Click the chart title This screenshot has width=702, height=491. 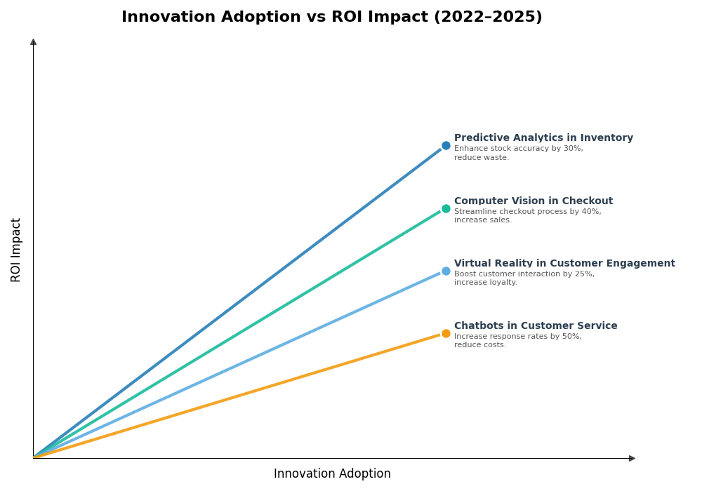(331, 18)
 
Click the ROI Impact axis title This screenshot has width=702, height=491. (16, 250)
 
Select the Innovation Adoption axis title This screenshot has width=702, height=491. (332, 474)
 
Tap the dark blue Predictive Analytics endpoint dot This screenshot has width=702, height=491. (446, 146)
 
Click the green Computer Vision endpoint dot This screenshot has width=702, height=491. (446, 208)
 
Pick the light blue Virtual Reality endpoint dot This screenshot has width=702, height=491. (446, 271)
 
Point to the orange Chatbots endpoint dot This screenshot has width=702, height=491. (446, 334)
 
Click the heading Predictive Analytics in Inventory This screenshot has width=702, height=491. (543, 138)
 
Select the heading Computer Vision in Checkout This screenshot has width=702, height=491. (533, 201)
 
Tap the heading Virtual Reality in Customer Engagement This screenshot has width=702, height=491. (564, 264)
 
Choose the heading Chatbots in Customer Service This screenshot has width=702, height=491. (536, 326)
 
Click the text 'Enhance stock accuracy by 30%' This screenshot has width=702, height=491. (518, 149)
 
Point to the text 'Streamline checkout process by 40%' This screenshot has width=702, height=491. (527, 212)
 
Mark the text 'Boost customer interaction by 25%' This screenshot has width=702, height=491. (524, 274)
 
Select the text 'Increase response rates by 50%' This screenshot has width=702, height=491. (517, 337)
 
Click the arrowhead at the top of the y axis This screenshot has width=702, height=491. (33, 42)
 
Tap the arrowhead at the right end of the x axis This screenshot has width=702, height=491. (632, 458)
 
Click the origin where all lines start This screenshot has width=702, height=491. (34, 458)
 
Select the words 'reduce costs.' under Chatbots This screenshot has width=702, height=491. (479, 345)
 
